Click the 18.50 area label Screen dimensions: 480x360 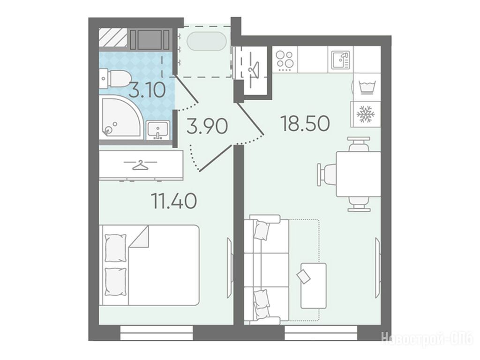pos(305,123)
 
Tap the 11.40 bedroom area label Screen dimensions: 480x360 pos(174,202)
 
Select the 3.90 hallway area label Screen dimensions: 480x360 pos(207,127)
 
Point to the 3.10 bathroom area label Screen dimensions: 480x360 pos(147,90)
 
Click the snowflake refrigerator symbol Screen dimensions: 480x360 pos(366,114)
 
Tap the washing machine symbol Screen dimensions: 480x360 pos(367,87)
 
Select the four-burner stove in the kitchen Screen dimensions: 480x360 pos(285,60)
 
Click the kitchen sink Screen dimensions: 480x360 pos(341,60)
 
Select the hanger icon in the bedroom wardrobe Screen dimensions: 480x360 pos(141,165)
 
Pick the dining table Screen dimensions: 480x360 pos(358,174)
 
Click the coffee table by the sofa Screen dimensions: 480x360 pos(313,285)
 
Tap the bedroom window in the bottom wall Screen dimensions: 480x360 pos(157,333)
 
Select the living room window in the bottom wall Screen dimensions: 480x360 pos(321,333)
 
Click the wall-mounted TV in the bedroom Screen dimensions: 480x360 pos(230,268)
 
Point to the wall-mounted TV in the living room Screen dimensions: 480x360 pos(378,267)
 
